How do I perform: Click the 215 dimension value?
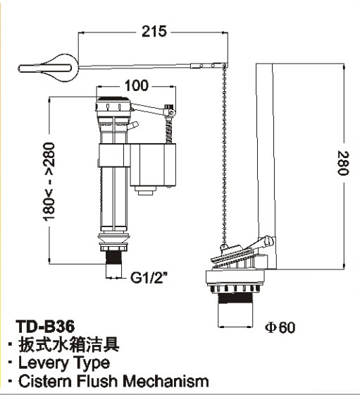click(x=154, y=32)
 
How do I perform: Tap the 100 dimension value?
click(x=137, y=85)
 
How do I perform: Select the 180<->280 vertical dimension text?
click(x=49, y=182)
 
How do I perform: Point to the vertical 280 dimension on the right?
click(x=343, y=163)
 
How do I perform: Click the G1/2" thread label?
click(x=149, y=278)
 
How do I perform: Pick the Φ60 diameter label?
click(x=280, y=327)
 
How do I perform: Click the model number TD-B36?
click(x=45, y=327)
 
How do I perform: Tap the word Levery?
click(x=44, y=363)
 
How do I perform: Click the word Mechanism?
click(x=166, y=381)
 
